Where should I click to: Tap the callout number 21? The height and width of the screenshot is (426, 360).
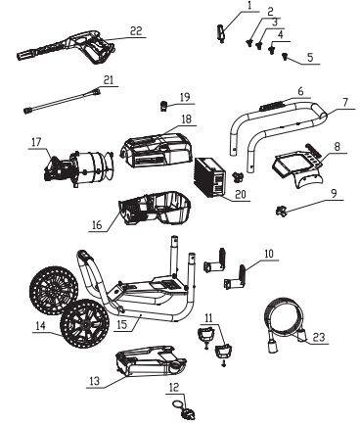(109, 80)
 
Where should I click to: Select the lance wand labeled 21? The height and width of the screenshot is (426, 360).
(62, 101)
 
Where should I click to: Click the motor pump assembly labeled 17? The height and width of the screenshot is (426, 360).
(78, 168)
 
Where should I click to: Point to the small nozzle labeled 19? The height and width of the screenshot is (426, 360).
(163, 106)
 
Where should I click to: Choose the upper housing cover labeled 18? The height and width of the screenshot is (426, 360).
(157, 149)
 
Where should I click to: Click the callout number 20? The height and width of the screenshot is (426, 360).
(240, 194)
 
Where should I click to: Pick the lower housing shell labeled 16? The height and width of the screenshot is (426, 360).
(155, 208)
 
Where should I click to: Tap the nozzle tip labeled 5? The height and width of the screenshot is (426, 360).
(285, 58)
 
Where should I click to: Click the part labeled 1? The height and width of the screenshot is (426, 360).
(221, 34)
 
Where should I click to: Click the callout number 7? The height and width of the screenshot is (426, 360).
(345, 103)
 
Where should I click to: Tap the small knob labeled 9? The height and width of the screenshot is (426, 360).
(281, 211)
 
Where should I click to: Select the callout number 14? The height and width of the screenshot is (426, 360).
(40, 326)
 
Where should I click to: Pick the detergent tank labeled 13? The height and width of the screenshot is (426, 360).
(150, 361)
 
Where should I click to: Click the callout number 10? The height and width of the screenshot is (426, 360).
(270, 254)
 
